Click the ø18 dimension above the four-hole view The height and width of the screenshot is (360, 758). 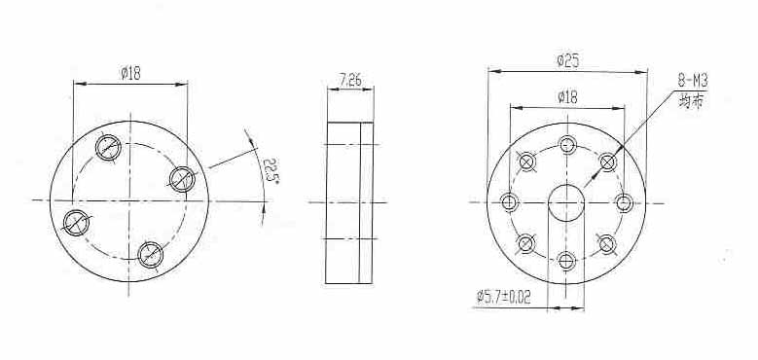[x=130, y=73]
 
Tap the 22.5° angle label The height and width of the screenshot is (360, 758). [x=271, y=170]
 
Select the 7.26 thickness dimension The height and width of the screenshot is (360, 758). [x=350, y=80]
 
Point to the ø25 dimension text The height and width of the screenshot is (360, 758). [x=567, y=61]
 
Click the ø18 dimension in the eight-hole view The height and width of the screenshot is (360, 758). [x=567, y=97]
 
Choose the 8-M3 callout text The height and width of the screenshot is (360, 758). [x=693, y=80]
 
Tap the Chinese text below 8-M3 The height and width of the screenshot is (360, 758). [x=691, y=102]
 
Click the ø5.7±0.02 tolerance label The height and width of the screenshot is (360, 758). [x=503, y=296]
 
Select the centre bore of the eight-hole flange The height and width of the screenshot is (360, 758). [x=566, y=203]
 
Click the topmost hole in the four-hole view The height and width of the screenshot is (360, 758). [x=108, y=147]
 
